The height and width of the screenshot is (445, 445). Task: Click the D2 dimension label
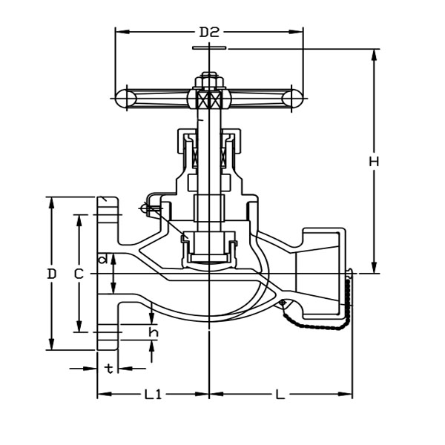pyautogui.click(x=210, y=32)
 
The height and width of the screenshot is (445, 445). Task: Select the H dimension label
pyautogui.click(x=374, y=161)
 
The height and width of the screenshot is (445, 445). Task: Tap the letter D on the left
pyautogui.click(x=51, y=274)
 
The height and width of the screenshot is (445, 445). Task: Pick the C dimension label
pyautogui.click(x=79, y=274)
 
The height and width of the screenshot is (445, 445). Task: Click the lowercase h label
pyautogui.click(x=153, y=332)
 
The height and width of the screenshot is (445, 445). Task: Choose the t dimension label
pyautogui.click(x=109, y=369)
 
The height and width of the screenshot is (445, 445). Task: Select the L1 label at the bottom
pyautogui.click(x=153, y=395)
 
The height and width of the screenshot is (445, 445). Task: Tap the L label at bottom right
pyautogui.click(x=280, y=395)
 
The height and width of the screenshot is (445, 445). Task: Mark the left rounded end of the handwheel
pyautogui.click(x=125, y=97)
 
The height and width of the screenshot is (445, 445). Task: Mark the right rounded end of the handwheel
pyautogui.click(x=294, y=97)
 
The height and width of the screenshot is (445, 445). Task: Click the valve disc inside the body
pyautogui.click(x=209, y=248)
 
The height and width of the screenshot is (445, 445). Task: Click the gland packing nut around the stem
pyautogui.click(x=209, y=141)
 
